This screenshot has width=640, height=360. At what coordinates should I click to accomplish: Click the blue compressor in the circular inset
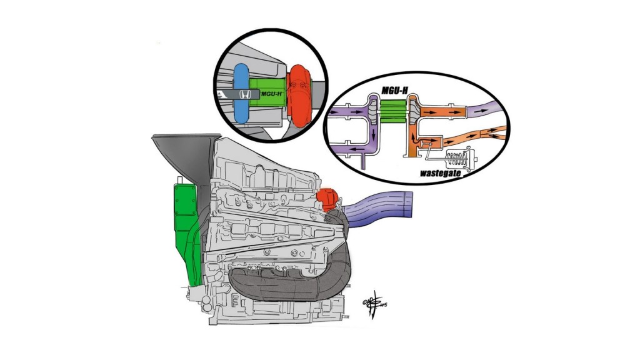pos(241,94)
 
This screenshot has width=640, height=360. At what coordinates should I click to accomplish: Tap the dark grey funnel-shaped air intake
pos(181,153)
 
